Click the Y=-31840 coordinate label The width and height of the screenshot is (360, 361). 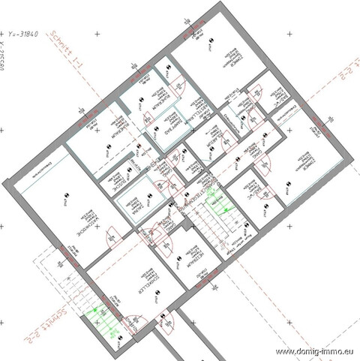[28, 34]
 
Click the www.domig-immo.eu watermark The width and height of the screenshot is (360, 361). [316, 351]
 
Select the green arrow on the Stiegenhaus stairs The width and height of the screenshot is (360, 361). [219, 201]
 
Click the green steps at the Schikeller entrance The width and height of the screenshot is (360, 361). [101, 319]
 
